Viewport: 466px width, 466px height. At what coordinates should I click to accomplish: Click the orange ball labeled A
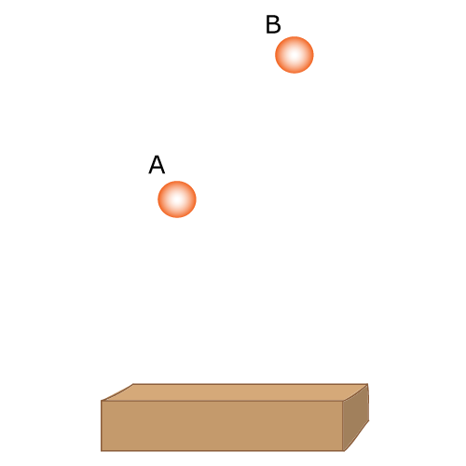click(177, 199)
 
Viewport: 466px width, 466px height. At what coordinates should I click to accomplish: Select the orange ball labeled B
click(295, 55)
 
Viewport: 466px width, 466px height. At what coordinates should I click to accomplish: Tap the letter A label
click(157, 165)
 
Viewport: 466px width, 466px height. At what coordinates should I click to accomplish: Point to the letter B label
click(273, 24)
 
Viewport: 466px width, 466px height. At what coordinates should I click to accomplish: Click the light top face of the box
click(235, 392)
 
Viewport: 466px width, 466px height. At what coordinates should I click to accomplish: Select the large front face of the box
click(222, 426)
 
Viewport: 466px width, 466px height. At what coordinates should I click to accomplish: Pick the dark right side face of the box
click(356, 418)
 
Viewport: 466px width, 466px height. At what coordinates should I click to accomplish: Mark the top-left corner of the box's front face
click(102, 401)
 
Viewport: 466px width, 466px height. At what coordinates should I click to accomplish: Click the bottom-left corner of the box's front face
click(102, 451)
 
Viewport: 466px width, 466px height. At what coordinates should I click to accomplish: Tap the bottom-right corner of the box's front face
click(343, 451)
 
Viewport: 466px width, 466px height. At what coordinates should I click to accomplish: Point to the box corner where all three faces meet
click(343, 401)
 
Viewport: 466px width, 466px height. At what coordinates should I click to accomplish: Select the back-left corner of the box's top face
click(133, 384)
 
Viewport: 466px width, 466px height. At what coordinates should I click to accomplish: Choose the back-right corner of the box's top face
click(368, 384)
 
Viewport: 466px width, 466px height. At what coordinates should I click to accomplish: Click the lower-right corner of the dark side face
click(369, 421)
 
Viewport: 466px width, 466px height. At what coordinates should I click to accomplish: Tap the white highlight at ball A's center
click(177, 199)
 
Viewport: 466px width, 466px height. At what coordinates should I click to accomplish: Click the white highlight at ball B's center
click(295, 55)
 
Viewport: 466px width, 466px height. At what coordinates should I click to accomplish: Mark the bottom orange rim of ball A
click(177, 215)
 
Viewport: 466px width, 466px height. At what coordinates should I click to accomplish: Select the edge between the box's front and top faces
click(222, 401)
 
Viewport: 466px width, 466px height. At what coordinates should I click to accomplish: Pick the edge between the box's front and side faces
click(343, 426)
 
